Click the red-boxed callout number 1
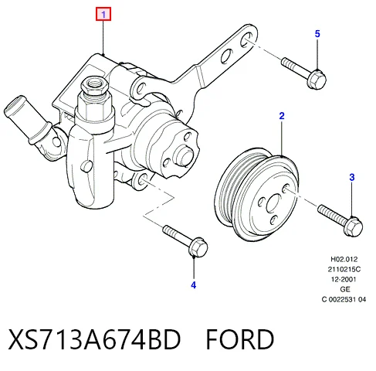click(103, 14)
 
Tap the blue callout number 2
click(282, 116)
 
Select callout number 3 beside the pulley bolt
click(352, 177)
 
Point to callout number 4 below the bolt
click(194, 285)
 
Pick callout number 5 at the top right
click(317, 34)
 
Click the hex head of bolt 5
click(317, 79)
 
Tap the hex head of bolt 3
click(353, 226)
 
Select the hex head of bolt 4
click(198, 247)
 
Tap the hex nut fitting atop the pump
click(94, 87)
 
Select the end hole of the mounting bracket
click(246, 39)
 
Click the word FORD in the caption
click(240, 339)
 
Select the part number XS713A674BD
click(94, 339)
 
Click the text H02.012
click(344, 259)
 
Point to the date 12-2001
click(344, 279)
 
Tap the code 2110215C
click(344, 269)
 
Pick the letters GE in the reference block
click(345, 289)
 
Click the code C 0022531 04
click(344, 299)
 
